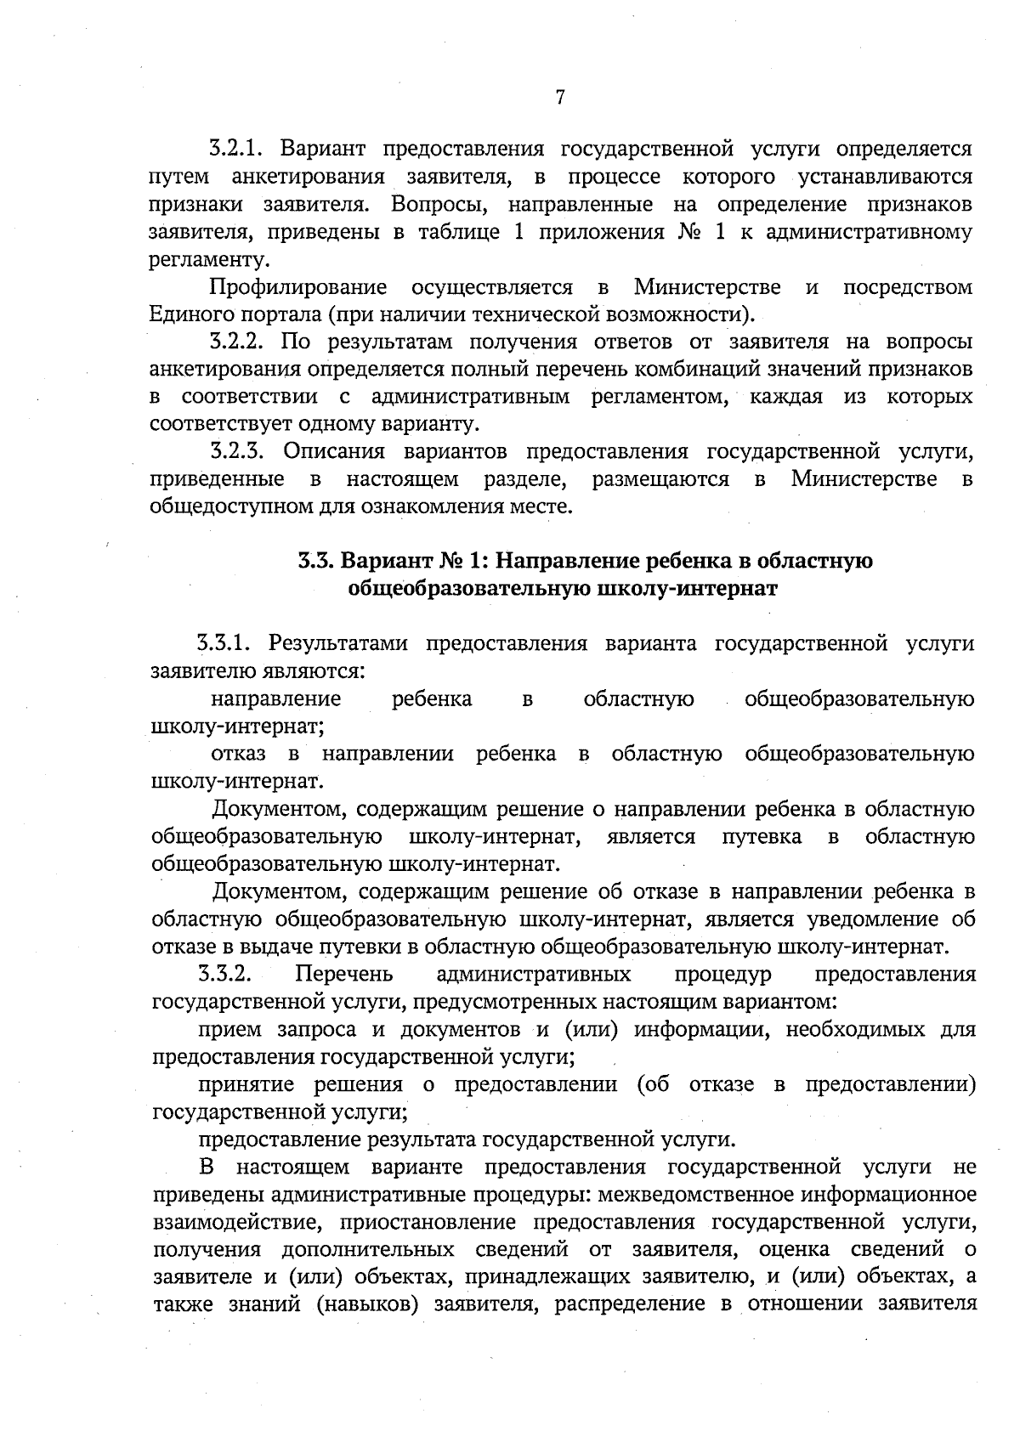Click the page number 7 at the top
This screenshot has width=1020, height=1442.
[560, 98]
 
